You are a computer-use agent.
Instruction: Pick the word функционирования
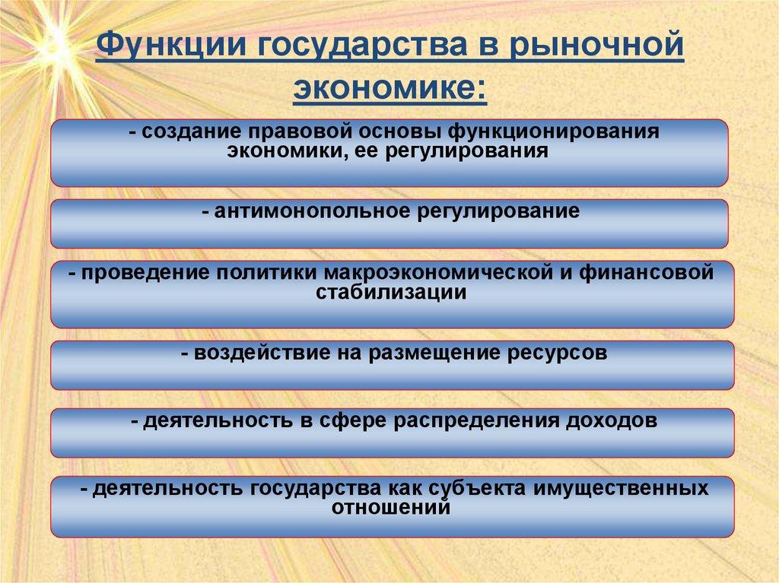tap(554, 132)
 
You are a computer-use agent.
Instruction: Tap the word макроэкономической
tap(438, 273)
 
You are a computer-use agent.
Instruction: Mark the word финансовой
tap(647, 273)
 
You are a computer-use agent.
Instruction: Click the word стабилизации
tap(391, 292)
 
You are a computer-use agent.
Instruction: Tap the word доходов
tap(612, 421)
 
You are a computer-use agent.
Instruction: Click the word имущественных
tap(621, 490)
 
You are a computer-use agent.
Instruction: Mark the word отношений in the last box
tap(390, 508)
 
